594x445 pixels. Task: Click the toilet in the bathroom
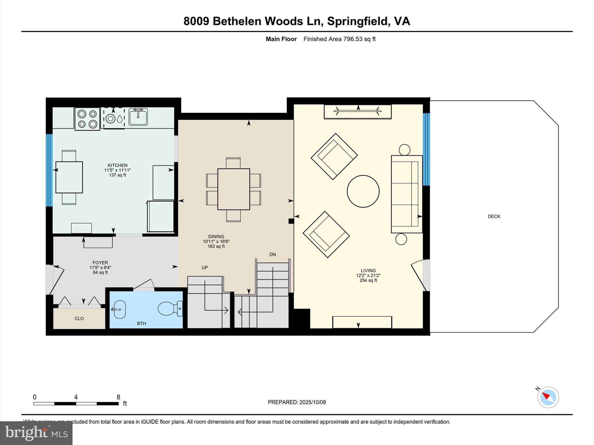(x=169, y=309)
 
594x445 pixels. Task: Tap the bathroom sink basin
(x=119, y=309)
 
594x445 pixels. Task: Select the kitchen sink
(x=138, y=117)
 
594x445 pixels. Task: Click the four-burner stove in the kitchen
(x=87, y=119)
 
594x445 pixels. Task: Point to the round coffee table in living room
(x=363, y=191)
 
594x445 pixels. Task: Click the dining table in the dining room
(x=233, y=189)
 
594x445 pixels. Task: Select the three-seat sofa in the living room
(x=406, y=194)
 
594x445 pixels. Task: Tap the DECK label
(x=494, y=216)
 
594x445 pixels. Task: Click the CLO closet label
(x=79, y=318)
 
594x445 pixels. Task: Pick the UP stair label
(x=204, y=267)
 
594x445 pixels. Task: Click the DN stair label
(x=272, y=254)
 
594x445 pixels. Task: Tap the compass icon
(x=548, y=397)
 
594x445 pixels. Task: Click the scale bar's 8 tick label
(x=118, y=397)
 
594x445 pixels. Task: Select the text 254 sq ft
(x=368, y=280)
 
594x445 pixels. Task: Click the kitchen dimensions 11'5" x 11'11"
(x=117, y=170)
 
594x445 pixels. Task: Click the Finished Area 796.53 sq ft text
(x=339, y=39)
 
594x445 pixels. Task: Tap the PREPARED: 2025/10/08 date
(x=297, y=402)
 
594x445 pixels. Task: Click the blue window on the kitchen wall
(x=49, y=170)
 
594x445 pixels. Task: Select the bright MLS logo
(x=36, y=433)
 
